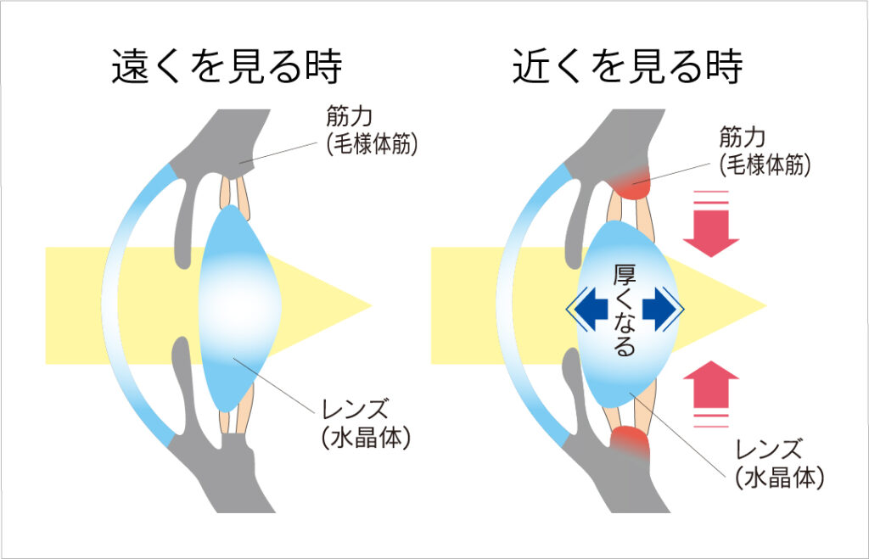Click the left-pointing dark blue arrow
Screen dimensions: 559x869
click(591, 310)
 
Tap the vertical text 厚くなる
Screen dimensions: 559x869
click(625, 310)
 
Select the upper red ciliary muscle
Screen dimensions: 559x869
click(631, 181)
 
